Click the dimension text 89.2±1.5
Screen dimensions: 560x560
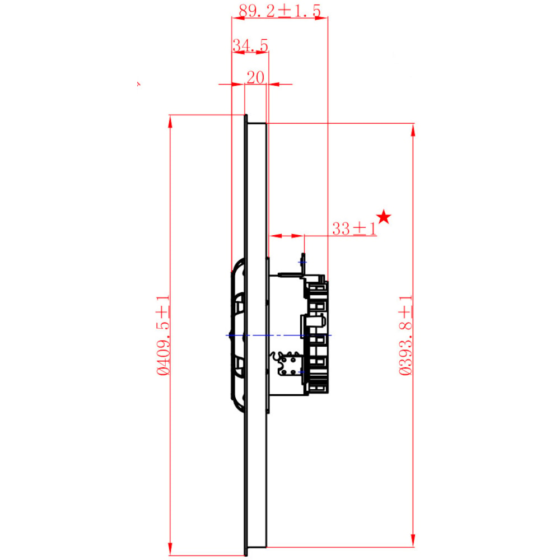[279, 11]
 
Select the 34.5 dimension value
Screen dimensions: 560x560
[250, 45]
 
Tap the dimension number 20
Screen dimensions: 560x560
[255, 77]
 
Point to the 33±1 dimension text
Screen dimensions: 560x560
[354, 228]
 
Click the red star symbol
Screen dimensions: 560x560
[384, 217]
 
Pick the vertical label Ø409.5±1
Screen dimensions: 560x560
[163, 335]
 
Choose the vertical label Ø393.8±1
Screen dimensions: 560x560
[405, 335]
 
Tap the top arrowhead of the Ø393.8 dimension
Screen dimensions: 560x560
[413, 130]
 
